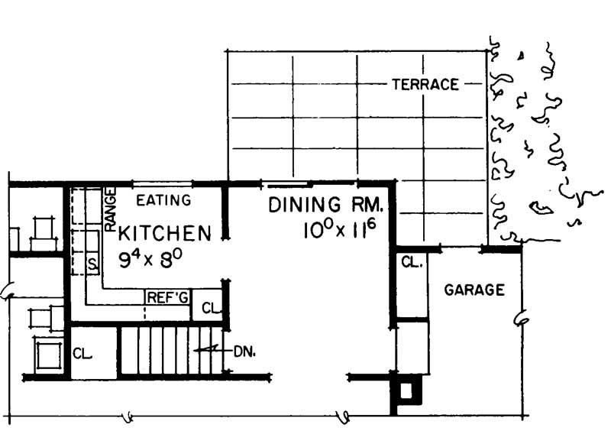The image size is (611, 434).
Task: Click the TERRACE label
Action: (x=425, y=84)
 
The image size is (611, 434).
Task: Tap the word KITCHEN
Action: (x=164, y=234)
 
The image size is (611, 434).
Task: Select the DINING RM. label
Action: (x=326, y=205)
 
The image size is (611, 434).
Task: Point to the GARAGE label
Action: (x=474, y=290)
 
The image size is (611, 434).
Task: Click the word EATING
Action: (x=163, y=200)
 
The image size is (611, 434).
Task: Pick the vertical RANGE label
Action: (x=110, y=209)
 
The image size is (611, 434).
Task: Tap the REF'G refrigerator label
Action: (x=167, y=298)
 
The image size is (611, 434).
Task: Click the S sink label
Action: (x=92, y=265)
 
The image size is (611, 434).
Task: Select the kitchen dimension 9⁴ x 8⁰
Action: (x=150, y=259)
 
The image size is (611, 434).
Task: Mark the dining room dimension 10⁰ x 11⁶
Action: (x=339, y=230)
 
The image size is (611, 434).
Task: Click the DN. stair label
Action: (x=244, y=352)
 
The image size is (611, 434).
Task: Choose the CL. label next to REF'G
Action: (x=212, y=309)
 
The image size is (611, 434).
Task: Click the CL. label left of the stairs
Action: (x=82, y=354)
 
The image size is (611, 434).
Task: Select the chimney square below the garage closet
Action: (x=406, y=390)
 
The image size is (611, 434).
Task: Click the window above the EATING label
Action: (x=162, y=183)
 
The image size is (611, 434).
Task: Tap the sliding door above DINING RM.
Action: (x=287, y=183)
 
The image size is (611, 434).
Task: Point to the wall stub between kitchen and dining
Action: (x=225, y=211)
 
